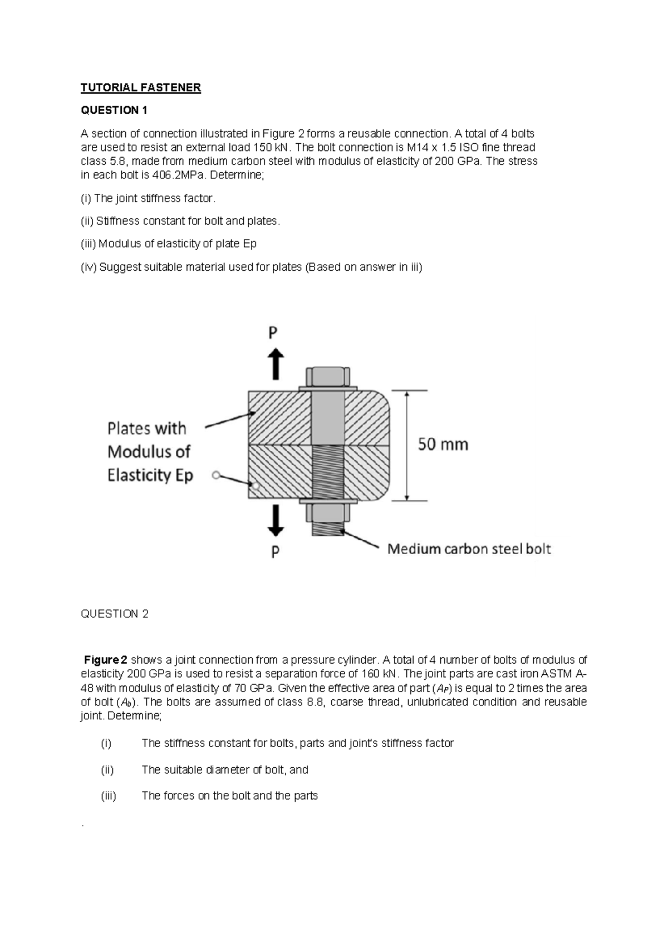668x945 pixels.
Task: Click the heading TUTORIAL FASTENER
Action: coord(140,87)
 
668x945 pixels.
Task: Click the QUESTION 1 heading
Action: coord(114,110)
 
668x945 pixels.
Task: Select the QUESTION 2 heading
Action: coord(115,614)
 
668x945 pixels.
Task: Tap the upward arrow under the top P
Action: coord(274,364)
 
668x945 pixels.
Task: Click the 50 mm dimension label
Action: coord(443,445)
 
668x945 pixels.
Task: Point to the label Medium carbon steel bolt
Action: coord(469,549)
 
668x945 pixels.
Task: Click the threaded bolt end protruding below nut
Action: coord(328,529)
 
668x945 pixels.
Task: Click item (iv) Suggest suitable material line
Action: coord(252,267)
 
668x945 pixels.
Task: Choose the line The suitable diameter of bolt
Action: coord(225,770)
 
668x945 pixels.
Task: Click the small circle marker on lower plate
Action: coord(256,486)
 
